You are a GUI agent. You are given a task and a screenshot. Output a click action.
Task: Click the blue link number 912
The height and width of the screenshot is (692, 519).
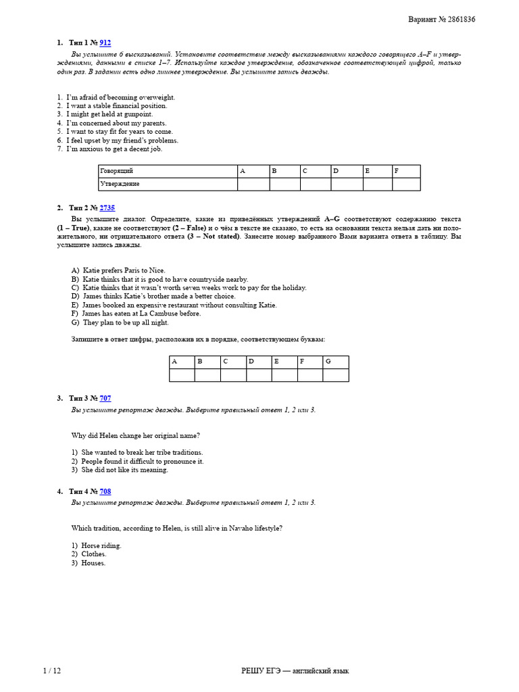click(x=105, y=43)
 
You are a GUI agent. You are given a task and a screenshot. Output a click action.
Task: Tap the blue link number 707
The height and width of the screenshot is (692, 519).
click(x=105, y=399)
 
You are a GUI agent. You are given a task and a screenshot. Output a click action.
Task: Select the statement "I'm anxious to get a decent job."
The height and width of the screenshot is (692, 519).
click(x=114, y=149)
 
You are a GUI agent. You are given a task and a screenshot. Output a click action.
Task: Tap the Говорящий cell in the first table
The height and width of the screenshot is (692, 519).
click(x=116, y=172)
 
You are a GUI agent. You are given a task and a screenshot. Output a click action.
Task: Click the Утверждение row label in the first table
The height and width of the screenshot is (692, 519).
click(x=120, y=184)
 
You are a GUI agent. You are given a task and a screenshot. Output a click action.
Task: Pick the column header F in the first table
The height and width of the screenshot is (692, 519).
click(x=405, y=172)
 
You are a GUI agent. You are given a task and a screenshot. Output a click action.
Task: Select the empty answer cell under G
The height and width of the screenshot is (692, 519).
click(x=336, y=375)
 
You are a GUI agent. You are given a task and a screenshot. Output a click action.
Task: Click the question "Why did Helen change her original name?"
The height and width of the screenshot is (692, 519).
click(x=135, y=435)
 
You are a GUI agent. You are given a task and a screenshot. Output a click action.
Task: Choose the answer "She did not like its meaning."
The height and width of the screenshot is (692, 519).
click(x=124, y=470)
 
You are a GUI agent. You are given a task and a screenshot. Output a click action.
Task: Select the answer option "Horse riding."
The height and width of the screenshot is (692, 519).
click(x=101, y=545)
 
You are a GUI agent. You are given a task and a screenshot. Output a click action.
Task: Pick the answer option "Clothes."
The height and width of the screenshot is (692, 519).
click(x=94, y=554)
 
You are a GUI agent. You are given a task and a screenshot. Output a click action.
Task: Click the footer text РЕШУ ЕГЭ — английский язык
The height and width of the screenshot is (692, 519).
click(x=295, y=670)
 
